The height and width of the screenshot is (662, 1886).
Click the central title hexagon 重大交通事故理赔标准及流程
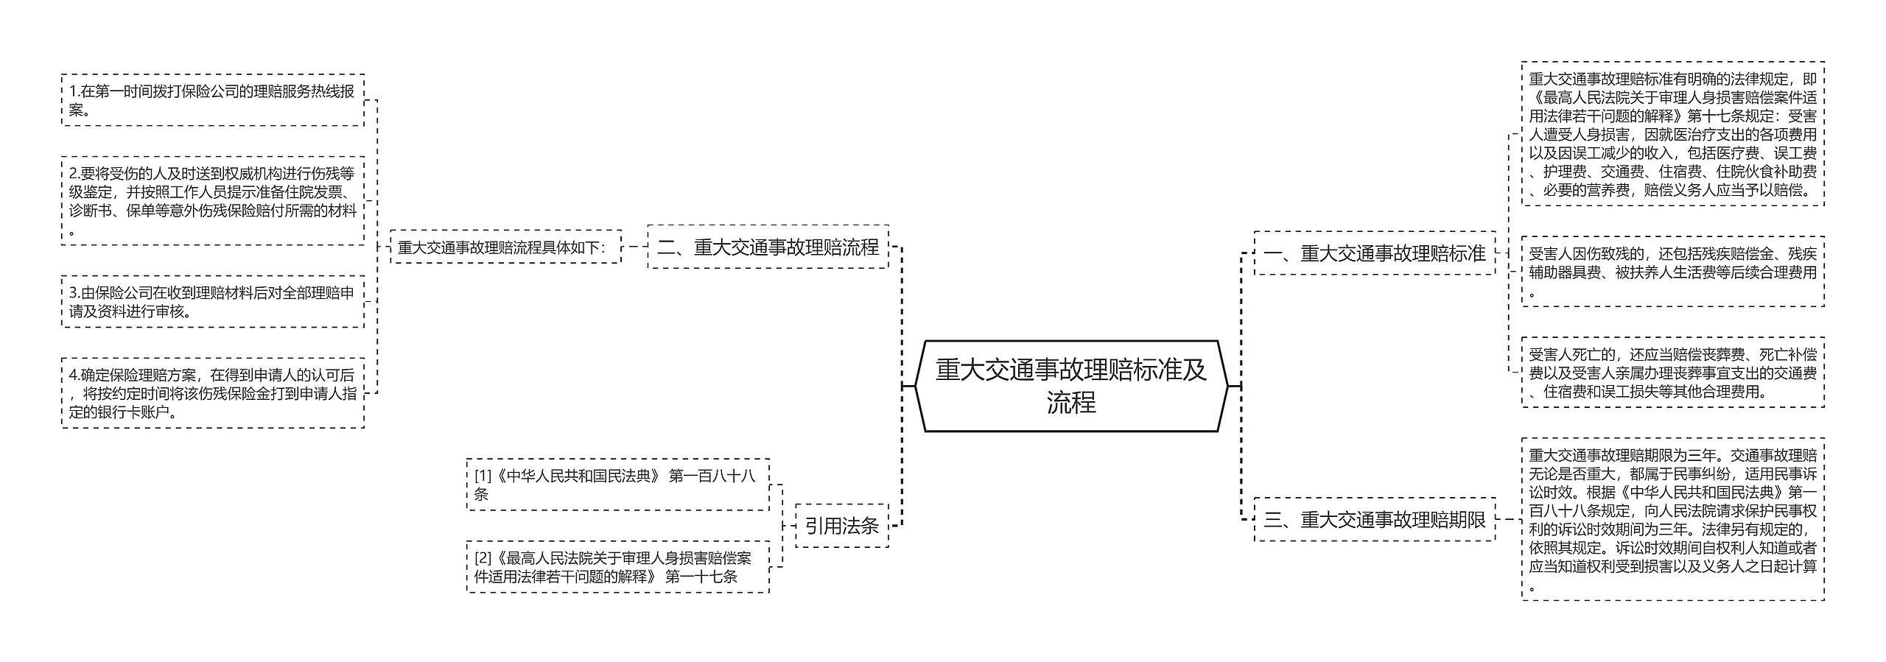[1071, 385]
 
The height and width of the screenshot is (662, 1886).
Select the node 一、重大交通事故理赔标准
[1374, 254]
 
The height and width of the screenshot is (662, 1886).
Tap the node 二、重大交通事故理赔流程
[768, 247]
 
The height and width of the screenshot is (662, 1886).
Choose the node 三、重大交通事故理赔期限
[1374, 520]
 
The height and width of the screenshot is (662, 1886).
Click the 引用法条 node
[841, 526]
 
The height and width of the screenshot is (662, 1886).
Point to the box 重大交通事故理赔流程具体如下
[505, 247]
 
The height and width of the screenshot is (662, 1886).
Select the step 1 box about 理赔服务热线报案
[213, 100]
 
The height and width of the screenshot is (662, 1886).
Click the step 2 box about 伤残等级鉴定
[213, 201]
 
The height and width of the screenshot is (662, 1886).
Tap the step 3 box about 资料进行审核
[213, 302]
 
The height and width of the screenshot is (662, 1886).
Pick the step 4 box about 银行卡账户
[213, 393]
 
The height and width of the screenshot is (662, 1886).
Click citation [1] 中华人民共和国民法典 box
[617, 485]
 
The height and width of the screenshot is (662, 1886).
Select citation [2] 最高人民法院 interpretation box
[617, 567]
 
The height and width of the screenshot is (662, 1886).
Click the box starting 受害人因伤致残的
[1672, 272]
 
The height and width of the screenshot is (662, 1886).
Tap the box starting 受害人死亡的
[1672, 373]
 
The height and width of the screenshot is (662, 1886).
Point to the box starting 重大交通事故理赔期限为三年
[1672, 520]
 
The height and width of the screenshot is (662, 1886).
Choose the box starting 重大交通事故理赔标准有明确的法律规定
[1672, 135]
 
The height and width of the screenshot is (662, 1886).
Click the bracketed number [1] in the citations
[483, 476]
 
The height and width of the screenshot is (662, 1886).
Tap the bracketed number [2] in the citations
[483, 558]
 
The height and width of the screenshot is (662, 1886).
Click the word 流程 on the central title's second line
[1071, 403]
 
